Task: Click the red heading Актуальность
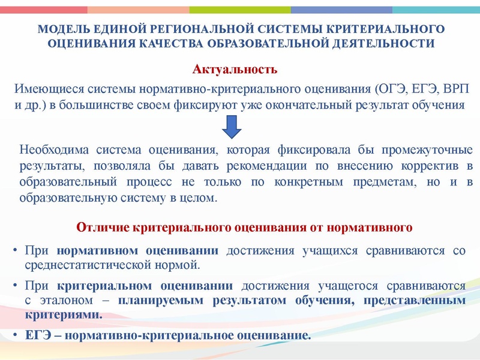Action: click(235, 70)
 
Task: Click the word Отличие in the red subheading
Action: click(98, 227)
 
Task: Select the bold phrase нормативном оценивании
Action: click(137, 250)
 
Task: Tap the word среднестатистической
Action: click(79, 263)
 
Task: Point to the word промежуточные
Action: click(427, 149)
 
